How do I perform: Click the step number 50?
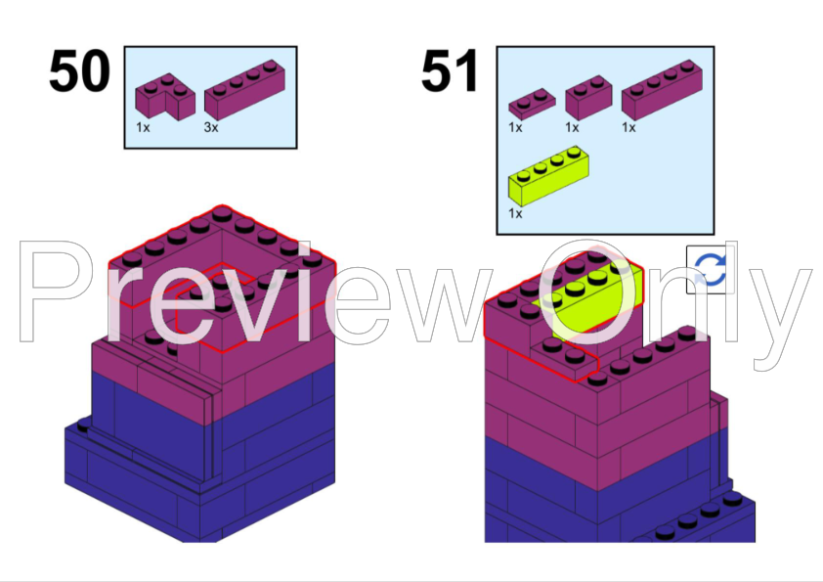click(x=80, y=72)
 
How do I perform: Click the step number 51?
click(x=451, y=72)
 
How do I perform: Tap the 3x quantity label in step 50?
click(x=210, y=128)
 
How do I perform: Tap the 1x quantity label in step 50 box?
click(x=143, y=128)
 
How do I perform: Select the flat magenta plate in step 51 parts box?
click(x=531, y=101)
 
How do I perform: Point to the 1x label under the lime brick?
click(x=515, y=213)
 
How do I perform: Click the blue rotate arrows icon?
click(x=710, y=269)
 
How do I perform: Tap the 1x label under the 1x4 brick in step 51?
click(x=628, y=127)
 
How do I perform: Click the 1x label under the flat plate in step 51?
click(x=515, y=127)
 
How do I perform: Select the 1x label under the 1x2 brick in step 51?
click(x=572, y=127)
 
